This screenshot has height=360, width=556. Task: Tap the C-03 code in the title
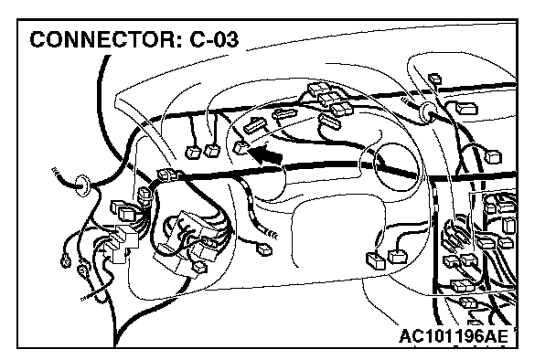(214, 39)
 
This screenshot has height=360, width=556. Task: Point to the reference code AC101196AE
(454, 336)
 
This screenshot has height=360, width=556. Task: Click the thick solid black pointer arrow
(265, 154)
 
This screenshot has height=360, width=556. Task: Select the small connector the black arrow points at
(241, 147)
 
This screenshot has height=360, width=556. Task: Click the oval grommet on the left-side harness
(82, 185)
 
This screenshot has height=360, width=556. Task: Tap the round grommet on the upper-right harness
(427, 112)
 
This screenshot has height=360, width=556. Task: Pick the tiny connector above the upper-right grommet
(434, 79)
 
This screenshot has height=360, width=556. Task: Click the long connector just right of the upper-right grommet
(466, 109)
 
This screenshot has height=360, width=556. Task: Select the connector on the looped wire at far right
(493, 156)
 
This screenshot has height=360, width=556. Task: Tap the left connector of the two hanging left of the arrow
(193, 153)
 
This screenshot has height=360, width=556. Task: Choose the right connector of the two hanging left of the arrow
(212, 151)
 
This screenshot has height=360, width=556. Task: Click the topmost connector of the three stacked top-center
(319, 89)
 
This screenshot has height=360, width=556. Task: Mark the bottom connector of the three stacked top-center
(342, 109)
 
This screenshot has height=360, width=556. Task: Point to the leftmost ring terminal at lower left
(66, 262)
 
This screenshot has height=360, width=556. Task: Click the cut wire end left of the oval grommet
(56, 172)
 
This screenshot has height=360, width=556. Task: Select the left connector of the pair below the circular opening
(375, 260)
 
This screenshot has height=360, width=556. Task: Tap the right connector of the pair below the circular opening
(398, 257)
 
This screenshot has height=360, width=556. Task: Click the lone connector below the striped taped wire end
(264, 249)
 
